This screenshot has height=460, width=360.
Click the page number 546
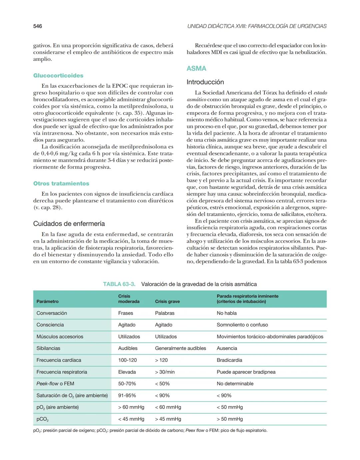(38, 26)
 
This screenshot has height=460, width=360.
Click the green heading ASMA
(196, 68)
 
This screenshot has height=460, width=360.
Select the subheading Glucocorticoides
(58, 76)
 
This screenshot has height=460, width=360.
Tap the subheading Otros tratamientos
(61, 183)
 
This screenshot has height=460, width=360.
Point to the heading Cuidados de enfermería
(69, 224)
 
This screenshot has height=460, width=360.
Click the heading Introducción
(205, 82)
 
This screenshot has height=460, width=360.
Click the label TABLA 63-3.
(119, 284)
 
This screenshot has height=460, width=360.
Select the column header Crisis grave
(167, 301)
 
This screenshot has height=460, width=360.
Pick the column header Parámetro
(47, 301)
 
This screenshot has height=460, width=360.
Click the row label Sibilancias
(48, 348)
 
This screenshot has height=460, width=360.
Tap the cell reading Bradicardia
(229, 360)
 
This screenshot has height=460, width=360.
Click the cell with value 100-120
(127, 360)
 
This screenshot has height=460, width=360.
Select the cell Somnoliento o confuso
(242, 325)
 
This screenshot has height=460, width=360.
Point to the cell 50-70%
(127, 384)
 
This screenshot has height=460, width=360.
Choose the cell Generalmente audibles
(180, 348)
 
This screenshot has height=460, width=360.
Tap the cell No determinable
(235, 384)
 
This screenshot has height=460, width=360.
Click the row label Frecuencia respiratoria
(62, 372)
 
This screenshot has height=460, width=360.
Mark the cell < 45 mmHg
(131, 419)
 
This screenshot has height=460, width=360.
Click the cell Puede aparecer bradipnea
(246, 372)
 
